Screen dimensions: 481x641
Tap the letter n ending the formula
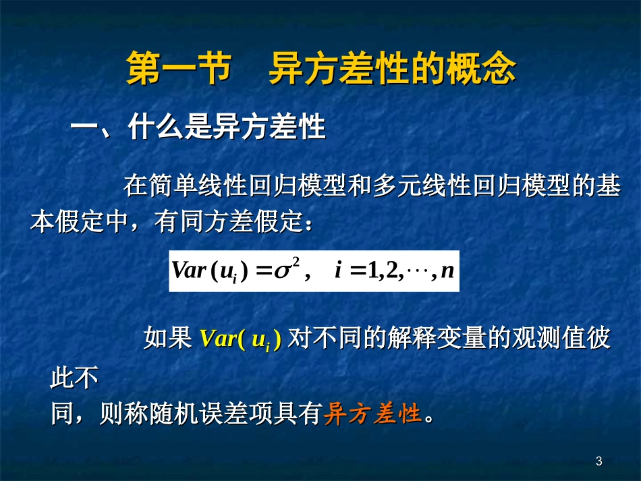click(x=447, y=272)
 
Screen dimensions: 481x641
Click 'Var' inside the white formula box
click(x=188, y=271)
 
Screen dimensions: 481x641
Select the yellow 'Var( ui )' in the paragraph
click(x=240, y=339)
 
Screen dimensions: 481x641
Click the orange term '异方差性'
click(x=372, y=414)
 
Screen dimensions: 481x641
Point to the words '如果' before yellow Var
click(x=168, y=339)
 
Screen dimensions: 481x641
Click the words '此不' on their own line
click(x=75, y=378)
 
